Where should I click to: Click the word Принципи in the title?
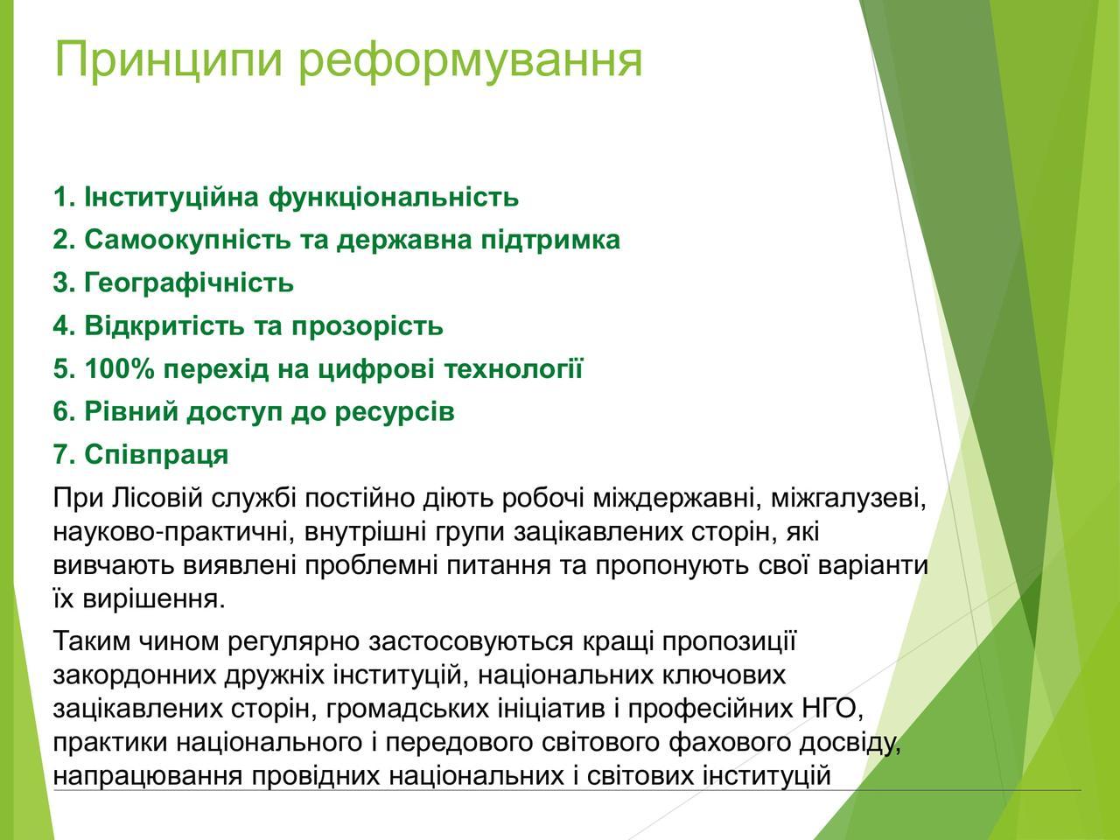coord(168,61)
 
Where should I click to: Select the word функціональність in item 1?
coord(394,199)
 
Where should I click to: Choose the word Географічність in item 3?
coord(189,283)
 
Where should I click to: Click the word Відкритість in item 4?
coord(164,325)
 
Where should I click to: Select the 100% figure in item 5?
coord(119,368)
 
